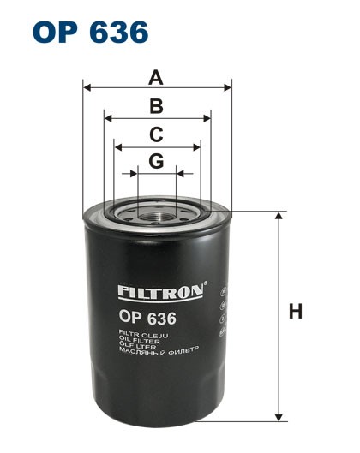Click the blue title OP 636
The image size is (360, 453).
tap(91, 32)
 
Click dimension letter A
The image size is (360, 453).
tap(155, 78)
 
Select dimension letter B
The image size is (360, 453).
tap(156, 106)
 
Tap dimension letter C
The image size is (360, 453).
tap(156, 134)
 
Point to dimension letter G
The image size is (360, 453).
tap(156, 161)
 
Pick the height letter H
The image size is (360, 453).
tap(296, 313)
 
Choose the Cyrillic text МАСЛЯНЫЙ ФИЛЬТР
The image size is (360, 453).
tap(159, 353)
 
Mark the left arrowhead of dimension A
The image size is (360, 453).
tap(86, 87)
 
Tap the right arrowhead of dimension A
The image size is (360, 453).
tap(228, 87)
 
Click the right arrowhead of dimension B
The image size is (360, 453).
tap(207, 118)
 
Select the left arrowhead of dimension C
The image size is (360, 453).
tap(117, 146)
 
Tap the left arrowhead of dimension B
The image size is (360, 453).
tap(106, 118)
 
